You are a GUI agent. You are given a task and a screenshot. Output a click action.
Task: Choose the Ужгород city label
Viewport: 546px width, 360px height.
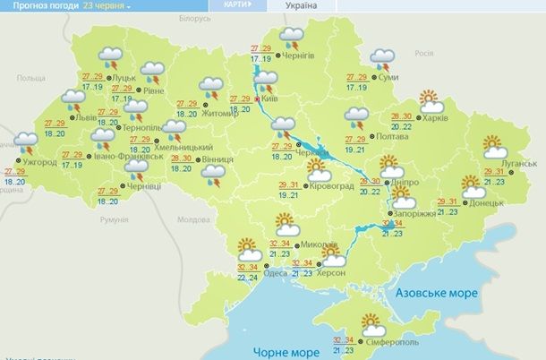coord(38,162)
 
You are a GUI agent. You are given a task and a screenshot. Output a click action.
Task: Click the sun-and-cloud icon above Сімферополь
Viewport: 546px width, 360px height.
coord(370,324)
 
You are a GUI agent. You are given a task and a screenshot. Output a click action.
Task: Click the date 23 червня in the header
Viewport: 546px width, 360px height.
coord(106,5)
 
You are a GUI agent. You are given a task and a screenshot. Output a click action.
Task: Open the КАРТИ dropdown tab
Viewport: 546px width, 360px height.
coord(235,5)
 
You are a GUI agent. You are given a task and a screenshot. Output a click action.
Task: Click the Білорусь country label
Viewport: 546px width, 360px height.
coord(195,17)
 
